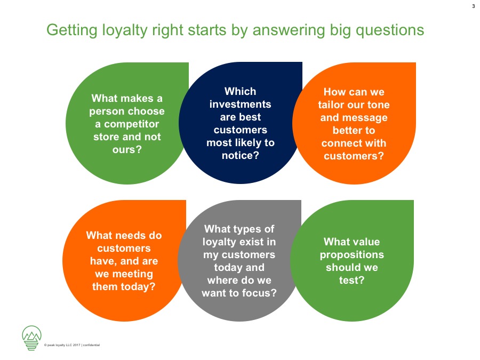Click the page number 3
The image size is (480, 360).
(473, 6)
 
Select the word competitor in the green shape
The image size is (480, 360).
(131, 124)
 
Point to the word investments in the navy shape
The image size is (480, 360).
(241, 104)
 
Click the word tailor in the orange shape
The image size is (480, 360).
(331, 105)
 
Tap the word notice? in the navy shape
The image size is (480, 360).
(241, 156)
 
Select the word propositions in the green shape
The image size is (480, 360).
(352, 255)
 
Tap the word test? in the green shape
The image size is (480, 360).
(352, 280)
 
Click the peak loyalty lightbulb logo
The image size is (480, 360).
(31, 338)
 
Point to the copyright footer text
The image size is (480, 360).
(72, 345)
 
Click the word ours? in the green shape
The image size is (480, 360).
(127, 150)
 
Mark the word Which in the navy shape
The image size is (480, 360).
(241, 91)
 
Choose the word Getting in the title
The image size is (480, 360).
(72, 30)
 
